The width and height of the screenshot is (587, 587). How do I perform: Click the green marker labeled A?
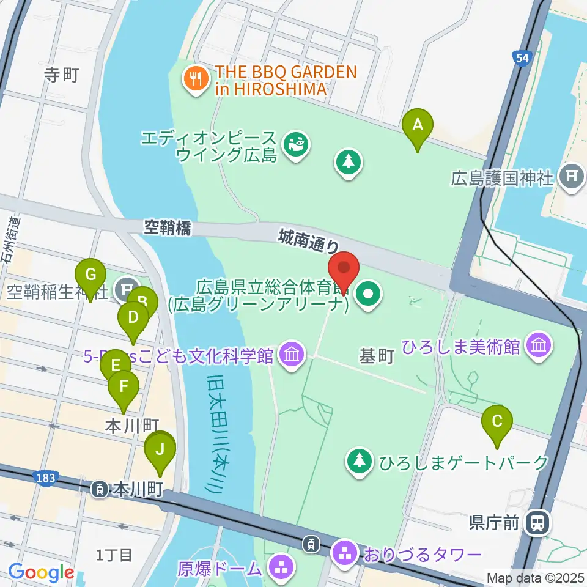point(418,125)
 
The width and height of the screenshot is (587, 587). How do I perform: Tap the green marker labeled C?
point(497,421)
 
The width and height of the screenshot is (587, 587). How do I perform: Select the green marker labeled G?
point(90,274)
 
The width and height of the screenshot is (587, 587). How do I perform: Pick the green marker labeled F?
point(124,386)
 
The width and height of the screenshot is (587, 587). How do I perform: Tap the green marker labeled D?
point(133,317)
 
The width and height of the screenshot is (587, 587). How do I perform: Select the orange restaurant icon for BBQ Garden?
point(194,80)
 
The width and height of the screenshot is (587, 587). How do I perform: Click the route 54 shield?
point(521,57)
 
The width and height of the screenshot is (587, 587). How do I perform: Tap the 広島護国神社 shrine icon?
point(571,178)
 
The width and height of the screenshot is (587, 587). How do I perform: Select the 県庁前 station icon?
point(539,523)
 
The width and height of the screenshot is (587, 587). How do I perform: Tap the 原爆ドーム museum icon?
point(282,567)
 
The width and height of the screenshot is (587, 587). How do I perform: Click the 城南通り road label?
point(308,239)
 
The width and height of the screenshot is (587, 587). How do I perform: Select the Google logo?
point(41,573)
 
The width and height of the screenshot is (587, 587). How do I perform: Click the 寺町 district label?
point(62,75)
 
